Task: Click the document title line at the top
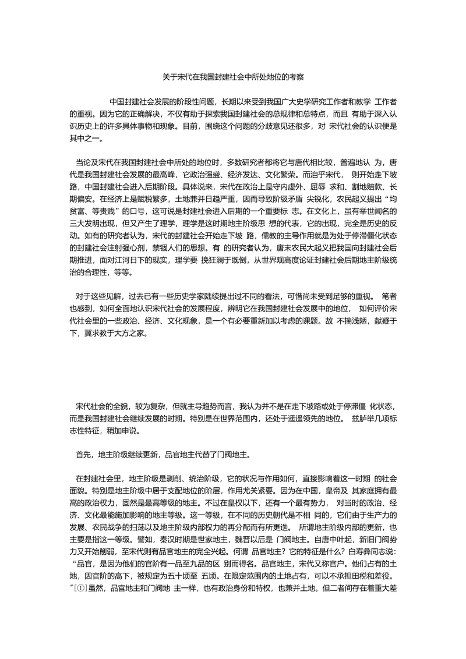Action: (232, 76)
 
